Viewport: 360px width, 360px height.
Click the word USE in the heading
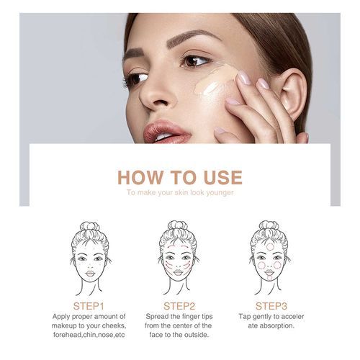click(223, 177)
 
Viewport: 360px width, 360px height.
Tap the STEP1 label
click(89, 306)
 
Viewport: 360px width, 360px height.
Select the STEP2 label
click(179, 306)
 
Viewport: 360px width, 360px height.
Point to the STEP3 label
click(271, 306)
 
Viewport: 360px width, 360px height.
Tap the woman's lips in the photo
click(166, 132)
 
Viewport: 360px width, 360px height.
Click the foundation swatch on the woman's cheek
click(215, 81)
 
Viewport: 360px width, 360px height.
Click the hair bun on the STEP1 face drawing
click(90, 226)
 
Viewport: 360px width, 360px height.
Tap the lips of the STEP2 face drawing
click(178, 272)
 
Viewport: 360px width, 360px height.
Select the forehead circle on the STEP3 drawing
click(270, 246)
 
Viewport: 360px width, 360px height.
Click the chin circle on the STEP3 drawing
click(270, 278)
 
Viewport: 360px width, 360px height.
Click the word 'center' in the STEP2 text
click(189, 325)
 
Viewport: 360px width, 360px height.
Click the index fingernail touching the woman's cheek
click(243, 77)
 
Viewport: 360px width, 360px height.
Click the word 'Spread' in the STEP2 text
click(157, 317)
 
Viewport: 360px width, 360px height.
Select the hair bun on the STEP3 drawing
click(269, 226)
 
